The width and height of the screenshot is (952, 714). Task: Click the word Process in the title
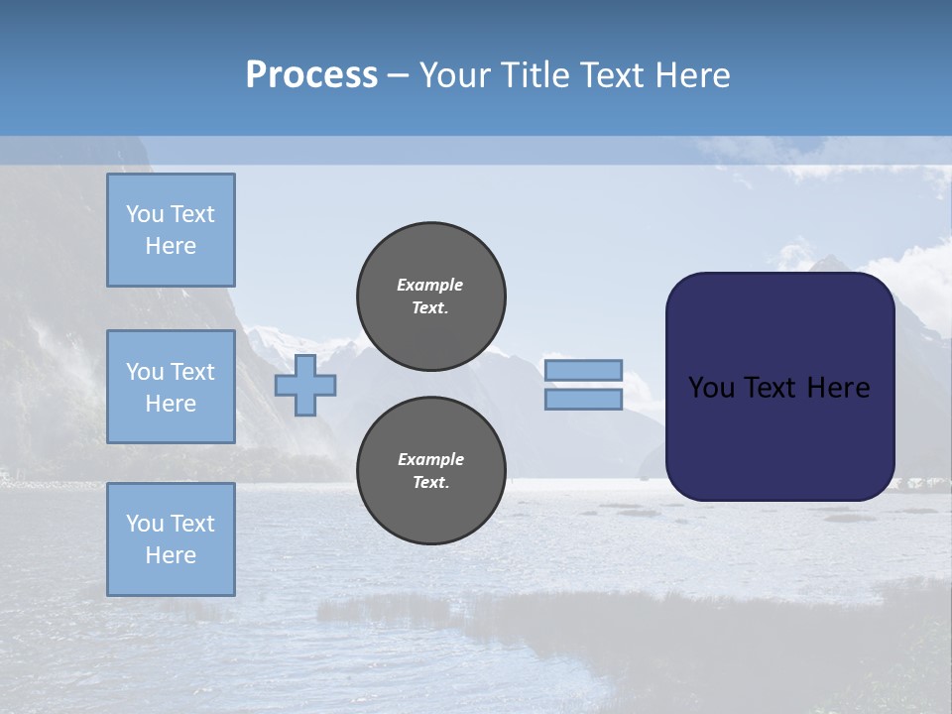point(311,75)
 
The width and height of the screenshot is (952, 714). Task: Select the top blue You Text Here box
point(171,230)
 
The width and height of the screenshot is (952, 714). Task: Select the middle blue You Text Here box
point(171,387)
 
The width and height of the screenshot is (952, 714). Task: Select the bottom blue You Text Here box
point(171,539)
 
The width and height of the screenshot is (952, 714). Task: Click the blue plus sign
point(305,385)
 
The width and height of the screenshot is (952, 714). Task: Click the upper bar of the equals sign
point(584,370)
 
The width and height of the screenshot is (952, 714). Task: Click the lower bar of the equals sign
point(584,400)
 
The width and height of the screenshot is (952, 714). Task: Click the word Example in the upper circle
point(430,285)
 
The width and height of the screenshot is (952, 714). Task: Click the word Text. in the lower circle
point(430,483)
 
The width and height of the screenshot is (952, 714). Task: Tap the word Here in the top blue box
point(171,246)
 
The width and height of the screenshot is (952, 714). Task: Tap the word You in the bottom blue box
point(145,524)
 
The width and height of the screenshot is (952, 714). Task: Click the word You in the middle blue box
point(145,372)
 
